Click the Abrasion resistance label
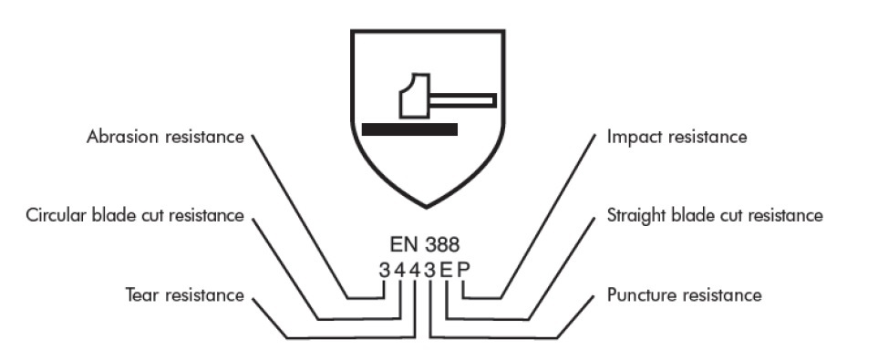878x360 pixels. (165, 138)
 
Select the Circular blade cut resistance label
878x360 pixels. (135, 216)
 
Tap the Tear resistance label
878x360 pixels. (184, 294)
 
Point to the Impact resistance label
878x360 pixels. (677, 138)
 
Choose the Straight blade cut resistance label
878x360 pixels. (715, 216)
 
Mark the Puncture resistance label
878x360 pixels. (684, 294)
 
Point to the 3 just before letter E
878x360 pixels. (429, 270)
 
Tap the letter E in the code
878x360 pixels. (446, 270)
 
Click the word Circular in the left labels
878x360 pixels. (56, 216)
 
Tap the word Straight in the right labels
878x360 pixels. (635, 216)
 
